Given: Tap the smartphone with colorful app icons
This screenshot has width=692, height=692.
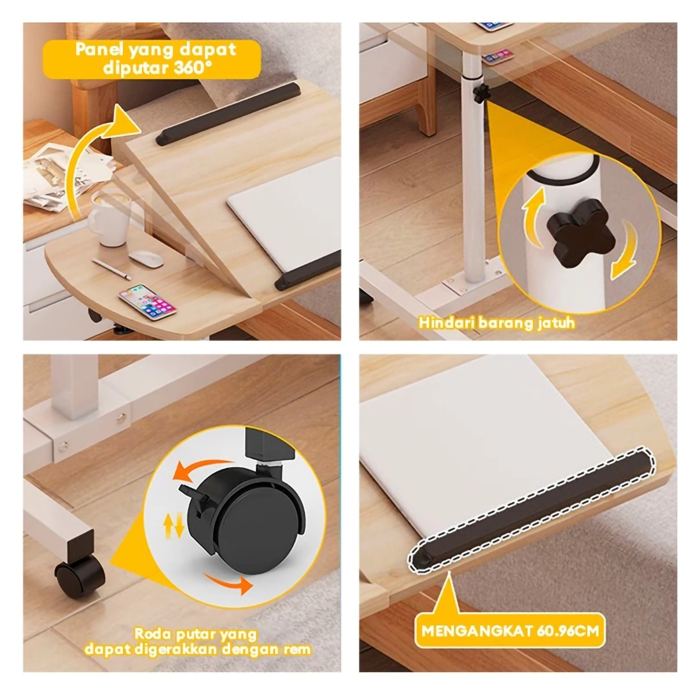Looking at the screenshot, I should point(147,302).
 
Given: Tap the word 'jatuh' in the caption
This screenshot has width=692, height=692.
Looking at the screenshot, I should point(557,322).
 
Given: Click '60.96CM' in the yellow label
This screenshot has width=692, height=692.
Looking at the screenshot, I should point(567,631).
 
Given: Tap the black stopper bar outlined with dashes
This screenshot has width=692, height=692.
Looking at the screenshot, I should point(532,506).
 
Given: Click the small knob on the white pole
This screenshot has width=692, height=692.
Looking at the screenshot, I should point(480,92).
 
